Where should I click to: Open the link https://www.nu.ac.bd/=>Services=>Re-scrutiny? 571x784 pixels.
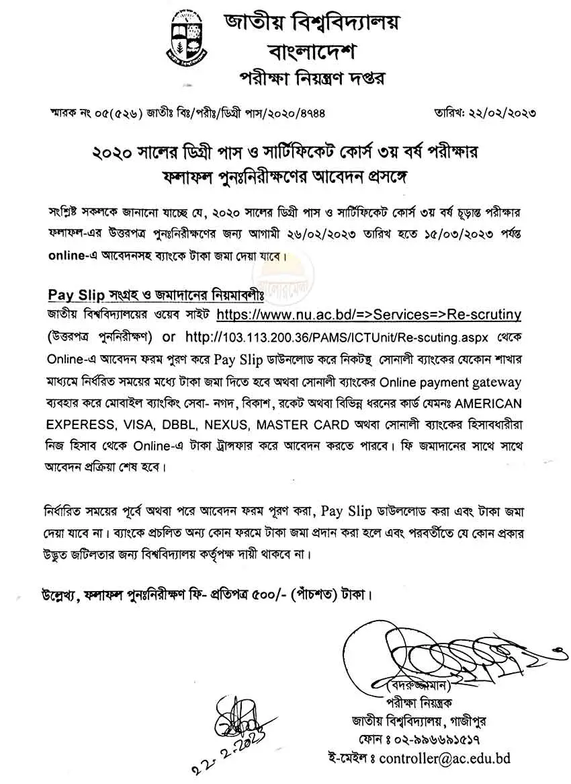pyautogui.click(x=369, y=314)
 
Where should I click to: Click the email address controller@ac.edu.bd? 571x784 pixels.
pyautogui.click(x=444, y=758)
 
